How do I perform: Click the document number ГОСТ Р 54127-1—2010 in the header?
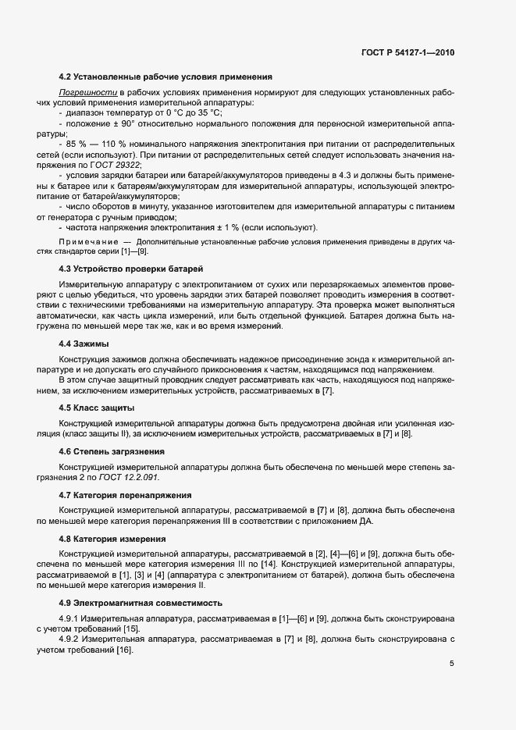pos(408,52)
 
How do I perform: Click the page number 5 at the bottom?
pos(451,664)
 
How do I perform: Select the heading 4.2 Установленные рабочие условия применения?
pos(165,77)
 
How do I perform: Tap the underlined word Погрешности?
pos(81,93)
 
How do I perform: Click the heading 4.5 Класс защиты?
pos(96,408)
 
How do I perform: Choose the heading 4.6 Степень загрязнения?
pos(111,451)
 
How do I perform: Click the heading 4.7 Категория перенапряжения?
pos(124,496)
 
